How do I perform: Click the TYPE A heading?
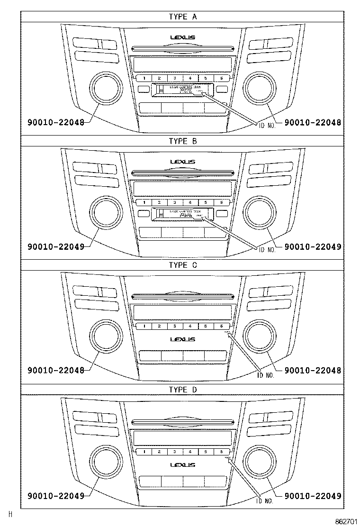point(183,17)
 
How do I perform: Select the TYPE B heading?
point(183,141)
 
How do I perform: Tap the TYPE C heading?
point(183,265)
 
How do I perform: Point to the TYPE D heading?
point(183,389)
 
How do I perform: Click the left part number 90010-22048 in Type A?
point(56,122)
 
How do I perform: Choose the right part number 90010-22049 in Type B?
point(313,246)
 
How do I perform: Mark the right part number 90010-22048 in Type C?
point(313,371)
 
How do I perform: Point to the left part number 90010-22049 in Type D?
point(56,495)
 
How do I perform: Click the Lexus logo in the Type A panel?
point(183,37)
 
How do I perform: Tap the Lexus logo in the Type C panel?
point(183,339)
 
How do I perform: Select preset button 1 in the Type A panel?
point(144,78)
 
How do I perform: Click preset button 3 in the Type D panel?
point(175,452)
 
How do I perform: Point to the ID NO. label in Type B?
point(266,247)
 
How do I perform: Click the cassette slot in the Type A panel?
point(182,90)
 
